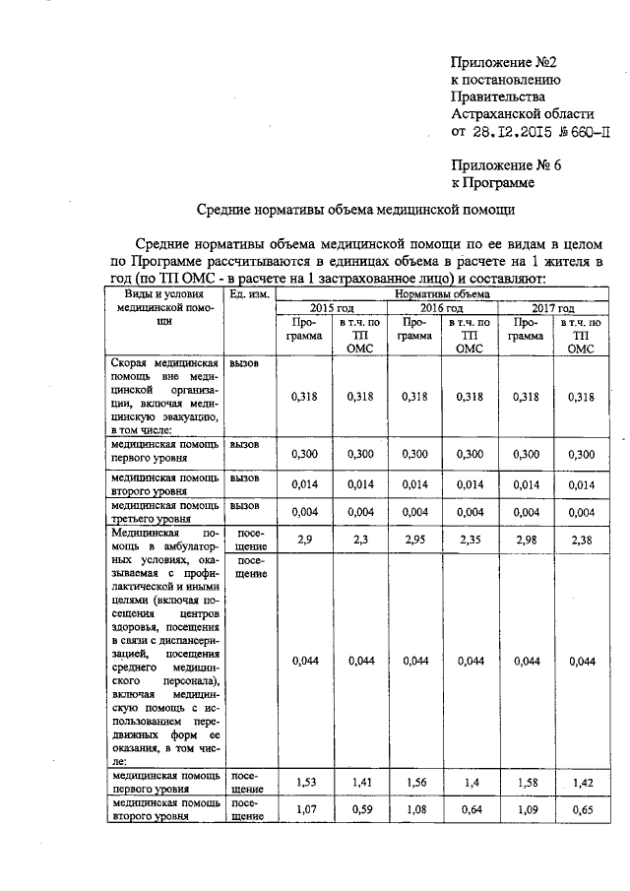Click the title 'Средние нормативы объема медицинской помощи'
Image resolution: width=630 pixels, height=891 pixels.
[x=353, y=210]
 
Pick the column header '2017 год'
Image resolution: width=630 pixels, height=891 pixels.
[x=553, y=309]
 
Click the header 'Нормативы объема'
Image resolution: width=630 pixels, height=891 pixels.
[x=442, y=293]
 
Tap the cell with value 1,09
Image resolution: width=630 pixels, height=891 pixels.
[x=527, y=810]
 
